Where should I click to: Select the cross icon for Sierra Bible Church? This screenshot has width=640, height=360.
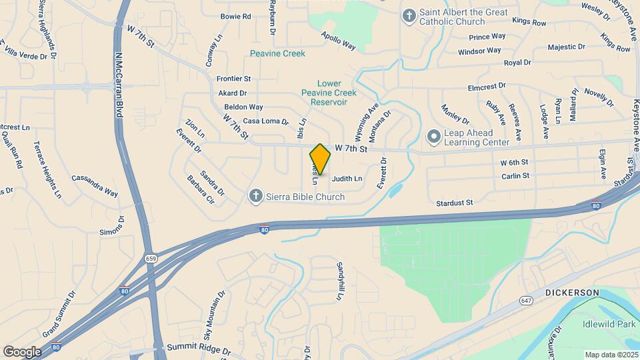tap(255, 196)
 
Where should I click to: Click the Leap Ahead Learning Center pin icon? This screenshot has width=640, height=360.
tap(434, 137)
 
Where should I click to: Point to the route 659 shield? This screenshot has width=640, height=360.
tap(151, 257)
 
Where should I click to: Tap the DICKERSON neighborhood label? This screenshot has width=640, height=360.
tap(572, 293)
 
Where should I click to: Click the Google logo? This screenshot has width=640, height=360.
tap(22, 351)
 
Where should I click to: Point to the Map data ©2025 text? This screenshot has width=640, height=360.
tap(611, 355)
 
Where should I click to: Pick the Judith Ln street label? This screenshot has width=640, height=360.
tap(347, 179)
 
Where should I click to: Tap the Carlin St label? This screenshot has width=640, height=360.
tap(515, 176)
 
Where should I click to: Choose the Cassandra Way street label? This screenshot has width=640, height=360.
tap(94, 186)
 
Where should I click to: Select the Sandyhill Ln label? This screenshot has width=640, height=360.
tap(339, 280)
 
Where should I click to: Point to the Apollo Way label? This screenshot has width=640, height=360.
tap(338, 41)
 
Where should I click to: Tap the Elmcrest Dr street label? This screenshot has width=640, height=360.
tap(487, 87)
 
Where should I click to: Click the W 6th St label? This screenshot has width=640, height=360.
tap(514, 162)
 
